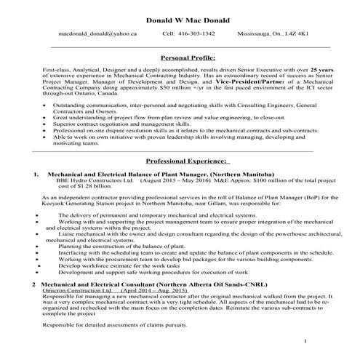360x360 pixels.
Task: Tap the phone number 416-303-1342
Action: click(199, 34)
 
